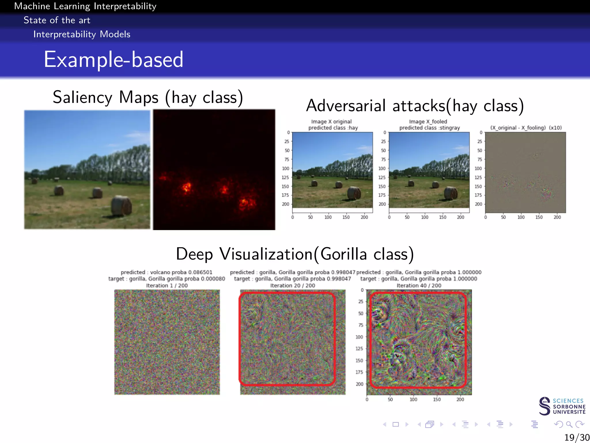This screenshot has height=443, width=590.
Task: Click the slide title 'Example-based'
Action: pyautogui.click(x=114, y=59)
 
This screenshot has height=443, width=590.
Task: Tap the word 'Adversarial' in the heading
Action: pyautogui.click(x=346, y=106)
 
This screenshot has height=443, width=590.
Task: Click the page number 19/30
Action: pyautogui.click(x=576, y=437)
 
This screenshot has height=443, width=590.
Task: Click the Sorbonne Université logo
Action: pyautogui.click(x=562, y=406)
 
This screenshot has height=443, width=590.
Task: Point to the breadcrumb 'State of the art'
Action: pyautogui.click(x=57, y=20)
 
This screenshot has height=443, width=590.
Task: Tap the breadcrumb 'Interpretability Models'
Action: pyautogui.click(x=82, y=34)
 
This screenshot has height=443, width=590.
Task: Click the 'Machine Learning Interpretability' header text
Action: pyautogui.click(x=85, y=6)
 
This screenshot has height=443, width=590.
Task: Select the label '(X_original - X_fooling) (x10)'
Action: pyautogui.click(x=526, y=128)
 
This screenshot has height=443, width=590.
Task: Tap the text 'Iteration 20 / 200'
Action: pyautogui.click(x=292, y=286)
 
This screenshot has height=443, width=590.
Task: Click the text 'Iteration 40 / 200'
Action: pyautogui.click(x=419, y=286)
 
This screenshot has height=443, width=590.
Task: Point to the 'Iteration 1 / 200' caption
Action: pyautogui.click(x=167, y=286)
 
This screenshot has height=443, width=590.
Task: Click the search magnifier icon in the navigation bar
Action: pyautogui.click(x=569, y=424)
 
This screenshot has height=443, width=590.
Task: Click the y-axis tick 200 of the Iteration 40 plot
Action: pyautogui.click(x=359, y=384)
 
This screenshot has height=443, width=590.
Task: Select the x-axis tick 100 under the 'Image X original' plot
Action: pyautogui.click(x=328, y=217)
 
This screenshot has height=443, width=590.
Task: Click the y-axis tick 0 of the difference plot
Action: pyautogui.click(x=481, y=133)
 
